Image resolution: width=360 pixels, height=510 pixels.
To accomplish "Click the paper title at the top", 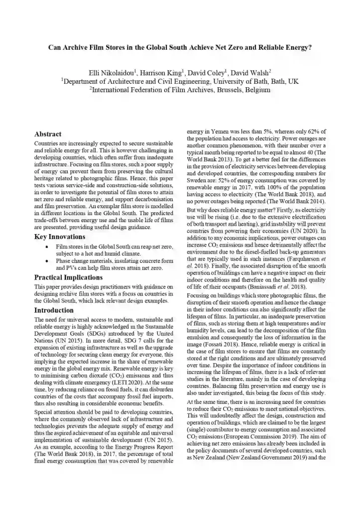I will click(180, 48).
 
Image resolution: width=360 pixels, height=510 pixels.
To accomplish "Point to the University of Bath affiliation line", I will click(180, 81).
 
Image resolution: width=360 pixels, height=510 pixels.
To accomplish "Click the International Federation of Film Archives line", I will click(180, 90).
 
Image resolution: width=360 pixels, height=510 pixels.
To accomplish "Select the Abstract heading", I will click(48, 134).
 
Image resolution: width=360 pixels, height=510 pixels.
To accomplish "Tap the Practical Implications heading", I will click(68, 277).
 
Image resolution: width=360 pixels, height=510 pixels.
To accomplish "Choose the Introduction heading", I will click(54, 310).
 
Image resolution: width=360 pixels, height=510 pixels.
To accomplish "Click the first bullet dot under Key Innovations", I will click(46, 247).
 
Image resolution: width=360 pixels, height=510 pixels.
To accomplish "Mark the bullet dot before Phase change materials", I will click(46, 261).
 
